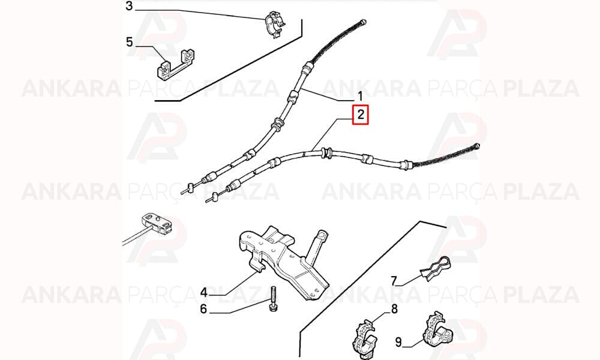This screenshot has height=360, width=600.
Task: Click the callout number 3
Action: (129, 7)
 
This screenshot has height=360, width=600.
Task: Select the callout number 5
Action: (130, 42)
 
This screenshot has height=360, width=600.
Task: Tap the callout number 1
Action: (359, 95)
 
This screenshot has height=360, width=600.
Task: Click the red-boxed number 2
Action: (361, 115)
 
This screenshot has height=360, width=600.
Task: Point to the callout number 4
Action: (204, 293)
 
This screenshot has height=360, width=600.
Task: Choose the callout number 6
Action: (203, 309)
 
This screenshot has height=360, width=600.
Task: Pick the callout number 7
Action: (394, 281)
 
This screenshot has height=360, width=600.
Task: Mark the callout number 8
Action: (394, 308)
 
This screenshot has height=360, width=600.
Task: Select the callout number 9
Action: (398, 341)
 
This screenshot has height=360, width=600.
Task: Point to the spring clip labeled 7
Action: (435, 268)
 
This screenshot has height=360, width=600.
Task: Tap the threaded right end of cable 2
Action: (476, 146)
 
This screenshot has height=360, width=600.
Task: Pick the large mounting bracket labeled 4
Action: (283, 262)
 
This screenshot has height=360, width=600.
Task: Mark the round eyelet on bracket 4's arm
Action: (322, 235)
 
